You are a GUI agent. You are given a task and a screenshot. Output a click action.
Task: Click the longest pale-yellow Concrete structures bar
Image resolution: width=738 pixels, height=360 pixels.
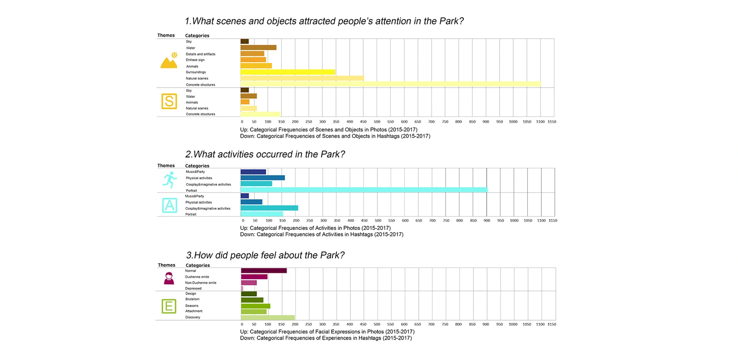pyautogui.click(x=390, y=84)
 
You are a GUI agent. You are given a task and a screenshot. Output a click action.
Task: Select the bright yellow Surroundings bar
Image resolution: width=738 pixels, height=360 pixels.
pyautogui.click(x=288, y=72)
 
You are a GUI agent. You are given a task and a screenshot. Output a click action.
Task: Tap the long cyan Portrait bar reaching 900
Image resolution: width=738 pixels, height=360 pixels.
pyautogui.click(x=364, y=190)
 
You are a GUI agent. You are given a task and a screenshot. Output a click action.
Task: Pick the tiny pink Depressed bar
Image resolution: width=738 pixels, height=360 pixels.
pyautogui.click(x=242, y=289)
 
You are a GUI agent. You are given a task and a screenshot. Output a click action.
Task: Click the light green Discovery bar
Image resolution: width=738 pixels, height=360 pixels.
pyautogui.click(x=268, y=318)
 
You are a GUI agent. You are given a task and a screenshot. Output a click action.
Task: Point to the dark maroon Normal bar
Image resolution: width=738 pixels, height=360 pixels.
pyautogui.click(x=264, y=271)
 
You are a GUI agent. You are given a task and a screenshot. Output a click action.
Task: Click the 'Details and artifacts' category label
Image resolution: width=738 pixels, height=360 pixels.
pyautogui.click(x=200, y=54)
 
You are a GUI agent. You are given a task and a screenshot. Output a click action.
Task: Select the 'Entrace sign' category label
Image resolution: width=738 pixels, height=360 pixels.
pyautogui.click(x=195, y=60)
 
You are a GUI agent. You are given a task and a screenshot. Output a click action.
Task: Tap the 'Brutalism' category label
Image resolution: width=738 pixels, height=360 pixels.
pyautogui.click(x=192, y=299)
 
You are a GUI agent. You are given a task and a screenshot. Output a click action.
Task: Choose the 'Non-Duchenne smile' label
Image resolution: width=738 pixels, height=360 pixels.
pyautogui.click(x=200, y=283)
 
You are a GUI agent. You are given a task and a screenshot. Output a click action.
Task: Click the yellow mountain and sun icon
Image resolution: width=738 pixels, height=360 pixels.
pyautogui.click(x=169, y=61)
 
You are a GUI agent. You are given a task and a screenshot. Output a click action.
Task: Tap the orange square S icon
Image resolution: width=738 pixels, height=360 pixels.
pyautogui.click(x=169, y=101)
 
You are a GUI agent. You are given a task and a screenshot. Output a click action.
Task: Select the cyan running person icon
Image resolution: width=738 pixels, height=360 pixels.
pyautogui.click(x=170, y=180)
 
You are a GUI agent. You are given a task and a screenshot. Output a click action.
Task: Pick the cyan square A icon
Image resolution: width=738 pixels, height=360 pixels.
pyautogui.click(x=170, y=205)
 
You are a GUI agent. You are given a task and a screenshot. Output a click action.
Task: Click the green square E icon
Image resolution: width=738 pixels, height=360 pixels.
pyautogui.click(x=169, y=306)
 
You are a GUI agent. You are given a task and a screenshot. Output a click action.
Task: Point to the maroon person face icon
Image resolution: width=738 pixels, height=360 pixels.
pyautogui.click(x=169, y=278)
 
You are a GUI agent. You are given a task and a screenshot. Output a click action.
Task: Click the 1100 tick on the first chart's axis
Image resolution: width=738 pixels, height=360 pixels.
pyautogui.click(x=540, y=122)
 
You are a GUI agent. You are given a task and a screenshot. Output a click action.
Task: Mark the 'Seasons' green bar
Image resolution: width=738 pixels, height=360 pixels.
pyautogui.click(x=256, y=306)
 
